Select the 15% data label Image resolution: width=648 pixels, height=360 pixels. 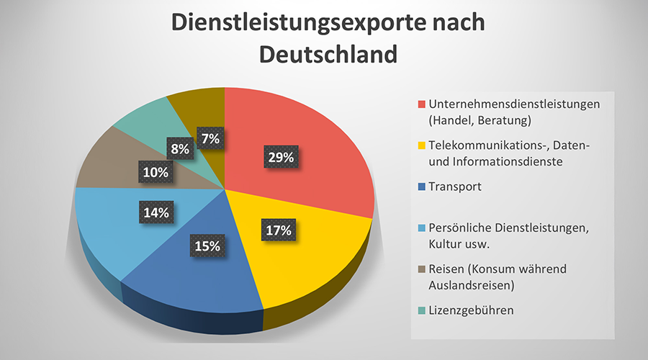207,246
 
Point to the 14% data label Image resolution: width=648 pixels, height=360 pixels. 156,212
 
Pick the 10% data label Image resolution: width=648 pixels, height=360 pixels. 156,172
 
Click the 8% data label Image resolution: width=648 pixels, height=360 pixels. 180,149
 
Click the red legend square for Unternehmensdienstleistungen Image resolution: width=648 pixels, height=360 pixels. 422,104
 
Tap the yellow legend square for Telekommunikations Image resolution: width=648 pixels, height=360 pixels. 422,147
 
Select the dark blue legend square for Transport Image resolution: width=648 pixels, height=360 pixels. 422,187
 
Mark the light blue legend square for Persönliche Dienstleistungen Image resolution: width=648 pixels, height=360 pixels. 422,229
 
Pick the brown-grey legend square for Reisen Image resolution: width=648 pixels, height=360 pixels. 422,269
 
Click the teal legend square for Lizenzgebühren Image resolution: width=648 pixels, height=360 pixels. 422,310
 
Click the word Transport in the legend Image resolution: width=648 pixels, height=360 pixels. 455,186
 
